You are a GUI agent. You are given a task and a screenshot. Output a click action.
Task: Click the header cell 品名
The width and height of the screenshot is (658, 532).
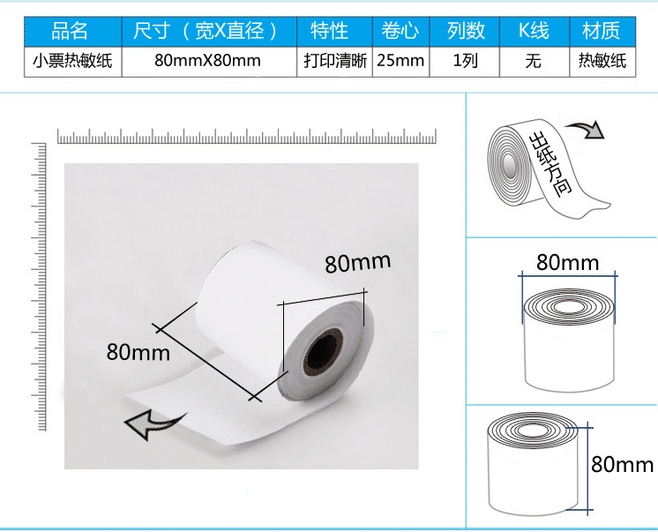pyautogui.click(x=71, y=32)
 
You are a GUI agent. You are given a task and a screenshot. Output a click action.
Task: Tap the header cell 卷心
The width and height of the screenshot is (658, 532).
pyautogui.click(x=400, y=32)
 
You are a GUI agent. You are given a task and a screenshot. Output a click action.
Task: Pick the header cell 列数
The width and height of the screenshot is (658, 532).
pyautogui.click(x=465, y=32)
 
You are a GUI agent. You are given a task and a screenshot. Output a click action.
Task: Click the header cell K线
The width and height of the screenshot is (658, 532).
pyautogui.click(x=534, y=32)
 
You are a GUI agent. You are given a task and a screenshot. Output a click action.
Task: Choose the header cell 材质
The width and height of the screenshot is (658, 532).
pyautogui.click(x=602, y=32)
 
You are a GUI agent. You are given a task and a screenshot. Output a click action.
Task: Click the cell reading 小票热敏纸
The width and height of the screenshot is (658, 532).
pyautogui.click(x=71, y=62)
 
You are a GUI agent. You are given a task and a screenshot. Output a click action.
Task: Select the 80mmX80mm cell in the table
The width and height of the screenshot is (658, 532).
pyautogui.click(x=207, y=62)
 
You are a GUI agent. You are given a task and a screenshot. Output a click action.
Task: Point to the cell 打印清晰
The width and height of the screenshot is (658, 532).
pyautogui.click(x=334, y=62)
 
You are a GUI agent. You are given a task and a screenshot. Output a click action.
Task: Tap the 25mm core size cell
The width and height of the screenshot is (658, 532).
pyautogui.click(x=400, y=62)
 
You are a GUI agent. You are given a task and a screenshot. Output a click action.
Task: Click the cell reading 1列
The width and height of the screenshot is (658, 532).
pyautogui.click(x=465, y=62)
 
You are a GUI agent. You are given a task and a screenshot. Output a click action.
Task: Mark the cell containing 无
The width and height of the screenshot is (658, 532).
pyautogui.click(x=534, y=62)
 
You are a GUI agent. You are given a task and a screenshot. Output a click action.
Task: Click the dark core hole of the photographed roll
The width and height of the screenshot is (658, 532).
pyautogui.click(x=324, y=352)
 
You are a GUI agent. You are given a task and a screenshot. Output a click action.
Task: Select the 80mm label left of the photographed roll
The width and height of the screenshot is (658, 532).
pyautogui.click(x=138, y=351)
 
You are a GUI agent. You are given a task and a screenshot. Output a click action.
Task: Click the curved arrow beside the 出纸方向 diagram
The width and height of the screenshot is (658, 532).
pyautogui.click(x=584, y=130)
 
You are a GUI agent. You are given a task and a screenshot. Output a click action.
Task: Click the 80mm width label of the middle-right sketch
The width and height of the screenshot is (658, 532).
pyautogui.click(x=567, y=262)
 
